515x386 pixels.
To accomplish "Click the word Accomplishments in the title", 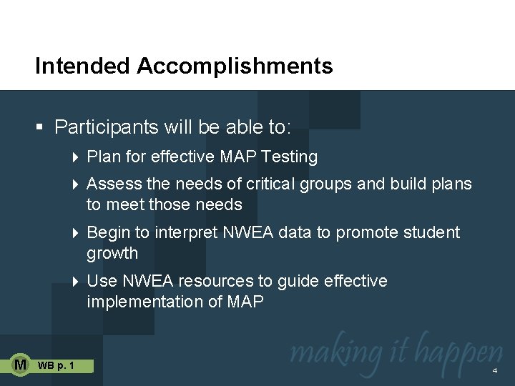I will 235,66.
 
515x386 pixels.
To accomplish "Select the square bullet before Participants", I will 40,128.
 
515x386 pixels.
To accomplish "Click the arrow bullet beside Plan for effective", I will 77,157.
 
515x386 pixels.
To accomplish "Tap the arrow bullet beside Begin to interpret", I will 77,233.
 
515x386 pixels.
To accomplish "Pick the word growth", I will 112,253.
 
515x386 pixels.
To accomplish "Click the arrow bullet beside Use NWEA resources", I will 77,282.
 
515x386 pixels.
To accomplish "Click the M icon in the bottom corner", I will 21,365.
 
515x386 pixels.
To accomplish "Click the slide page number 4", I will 494,371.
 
